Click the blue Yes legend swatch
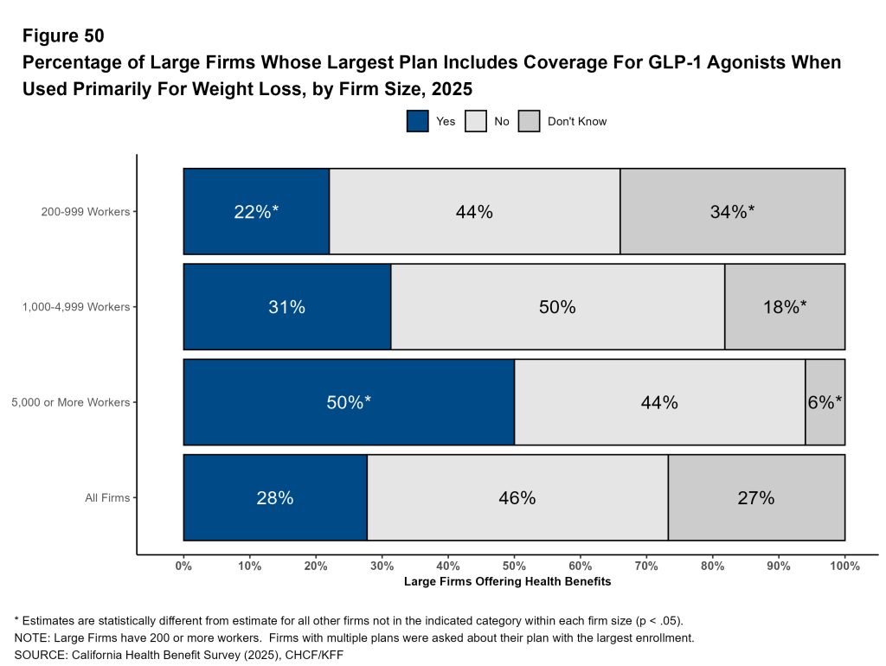tap(418, 121)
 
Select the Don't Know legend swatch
tap(530, 121)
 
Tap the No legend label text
tap(502, 122)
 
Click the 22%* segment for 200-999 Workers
tap(256, 212)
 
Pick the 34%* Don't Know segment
tap(732, 212)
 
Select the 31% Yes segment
tap(287, 307)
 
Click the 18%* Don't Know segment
tap(784, 307)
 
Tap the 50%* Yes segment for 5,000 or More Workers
tap(349, 402)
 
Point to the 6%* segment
tap(825, 402)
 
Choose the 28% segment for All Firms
tap(275, 498)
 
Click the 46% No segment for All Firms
tap(517, 498)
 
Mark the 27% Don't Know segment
tap(756, 498)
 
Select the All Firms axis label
tap(108, 498)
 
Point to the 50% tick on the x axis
tap(514, 567)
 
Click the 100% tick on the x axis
tap(844, 567)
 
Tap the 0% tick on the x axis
tap(183, 567)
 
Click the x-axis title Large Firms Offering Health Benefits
tap(507, 582)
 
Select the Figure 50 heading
tap(63, 36)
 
